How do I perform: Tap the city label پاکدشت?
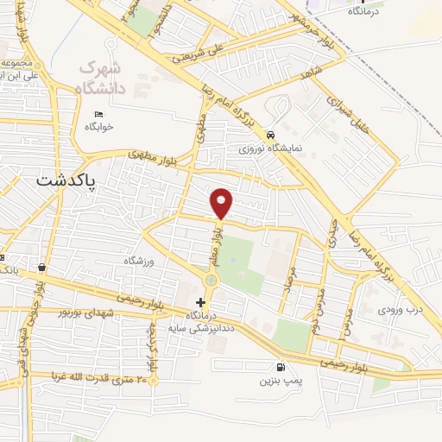(x=69, y=180)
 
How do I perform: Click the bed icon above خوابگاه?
(x=99, y=114)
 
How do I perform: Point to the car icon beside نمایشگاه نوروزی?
(x=271, y=136)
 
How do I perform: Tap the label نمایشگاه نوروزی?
(x=272, y=148)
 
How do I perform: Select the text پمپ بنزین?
(x=278, y=380)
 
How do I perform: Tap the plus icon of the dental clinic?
(x=201, y=302)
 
